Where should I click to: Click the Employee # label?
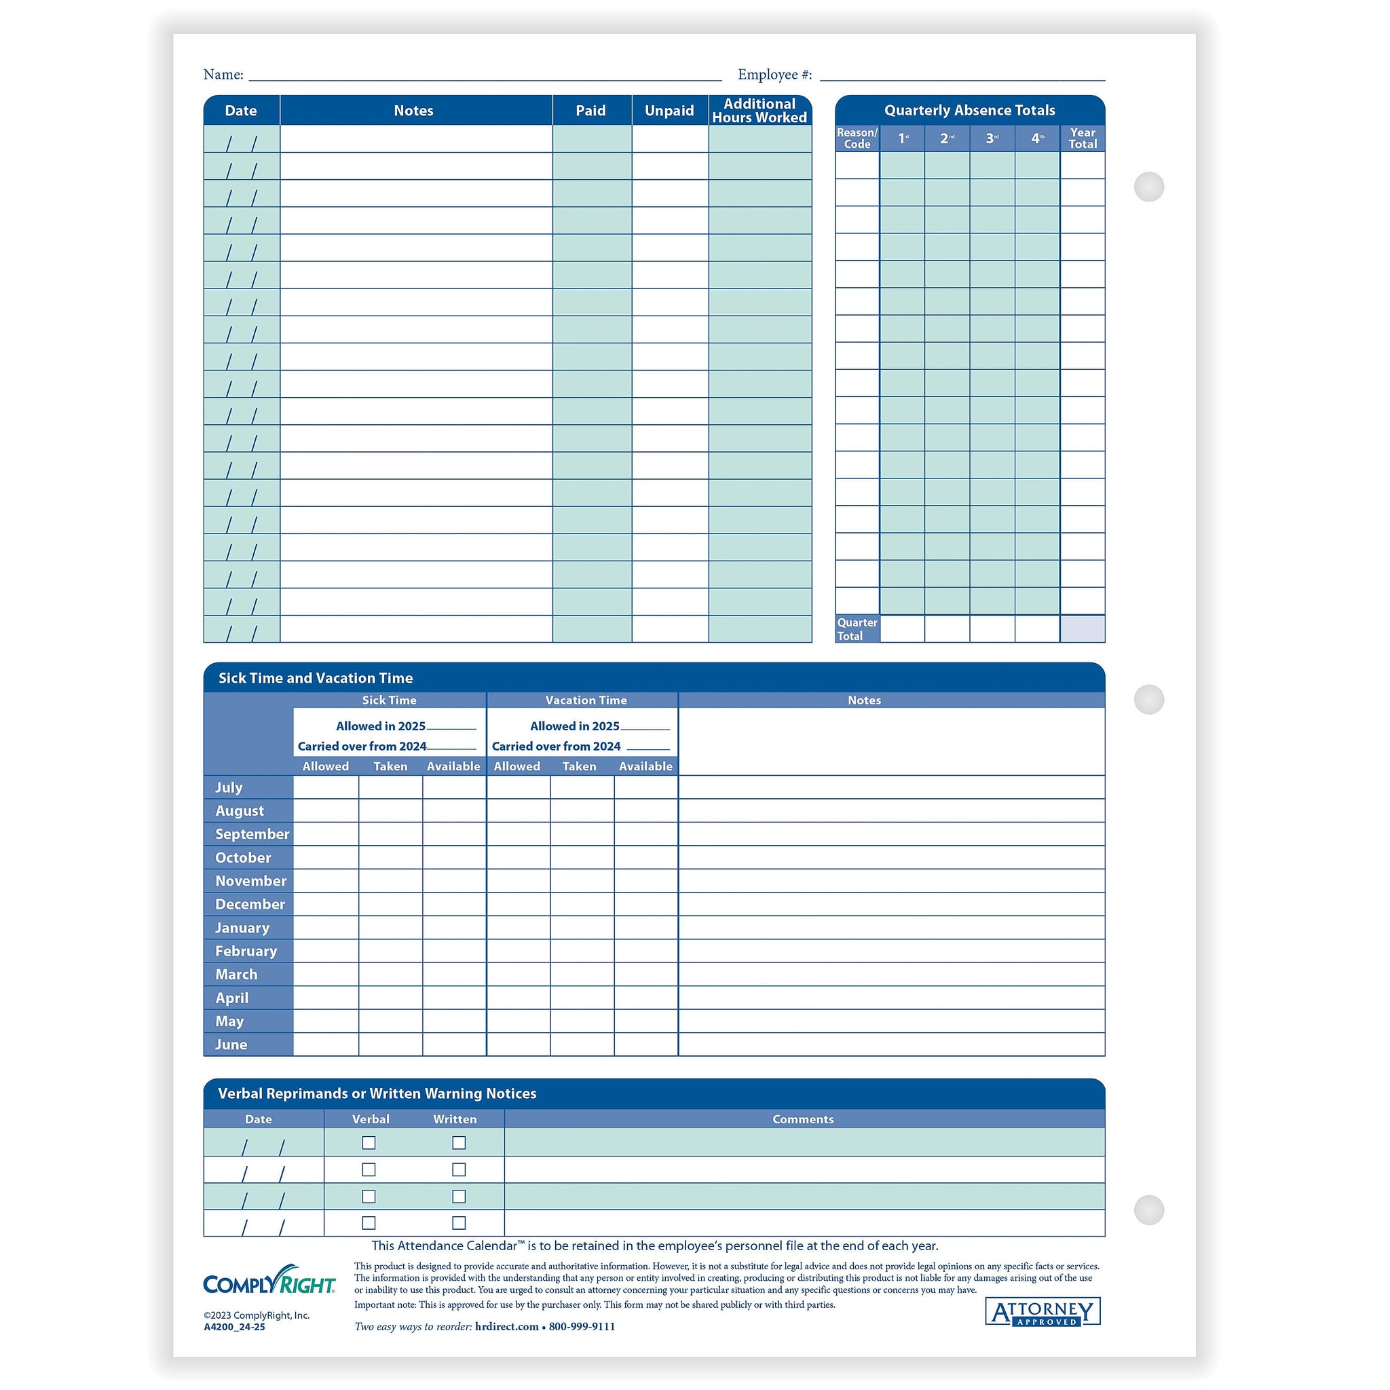click(x=774, y=75)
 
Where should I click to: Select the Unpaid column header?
click(x=669, y=111)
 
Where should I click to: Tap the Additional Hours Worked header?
click(x=759, y=111)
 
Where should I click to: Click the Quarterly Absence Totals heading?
click(x=969, y=110)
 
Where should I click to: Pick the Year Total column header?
click(x=1082, y=138)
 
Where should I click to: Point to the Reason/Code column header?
click(x=857, y=138)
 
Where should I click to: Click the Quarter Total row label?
click(x=857, y=628)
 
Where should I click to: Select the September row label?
click(x=252, y=834)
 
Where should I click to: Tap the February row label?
click(x=246, y=951)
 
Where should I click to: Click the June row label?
click(x=231, y=1045)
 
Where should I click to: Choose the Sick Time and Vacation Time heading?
click(x=315, y=678)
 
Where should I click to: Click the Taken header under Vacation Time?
click(x=579, y=766)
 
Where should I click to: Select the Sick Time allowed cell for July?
click(x=326, y=787)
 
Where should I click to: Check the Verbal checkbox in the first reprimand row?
click(x=369, y=1142)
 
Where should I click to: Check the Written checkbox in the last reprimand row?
click(x=459, y=1222)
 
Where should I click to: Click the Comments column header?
click(x=803, y=1119)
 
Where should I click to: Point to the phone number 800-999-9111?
click(x=582, y=1327)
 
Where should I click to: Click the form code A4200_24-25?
click(x=235, y=1327)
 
